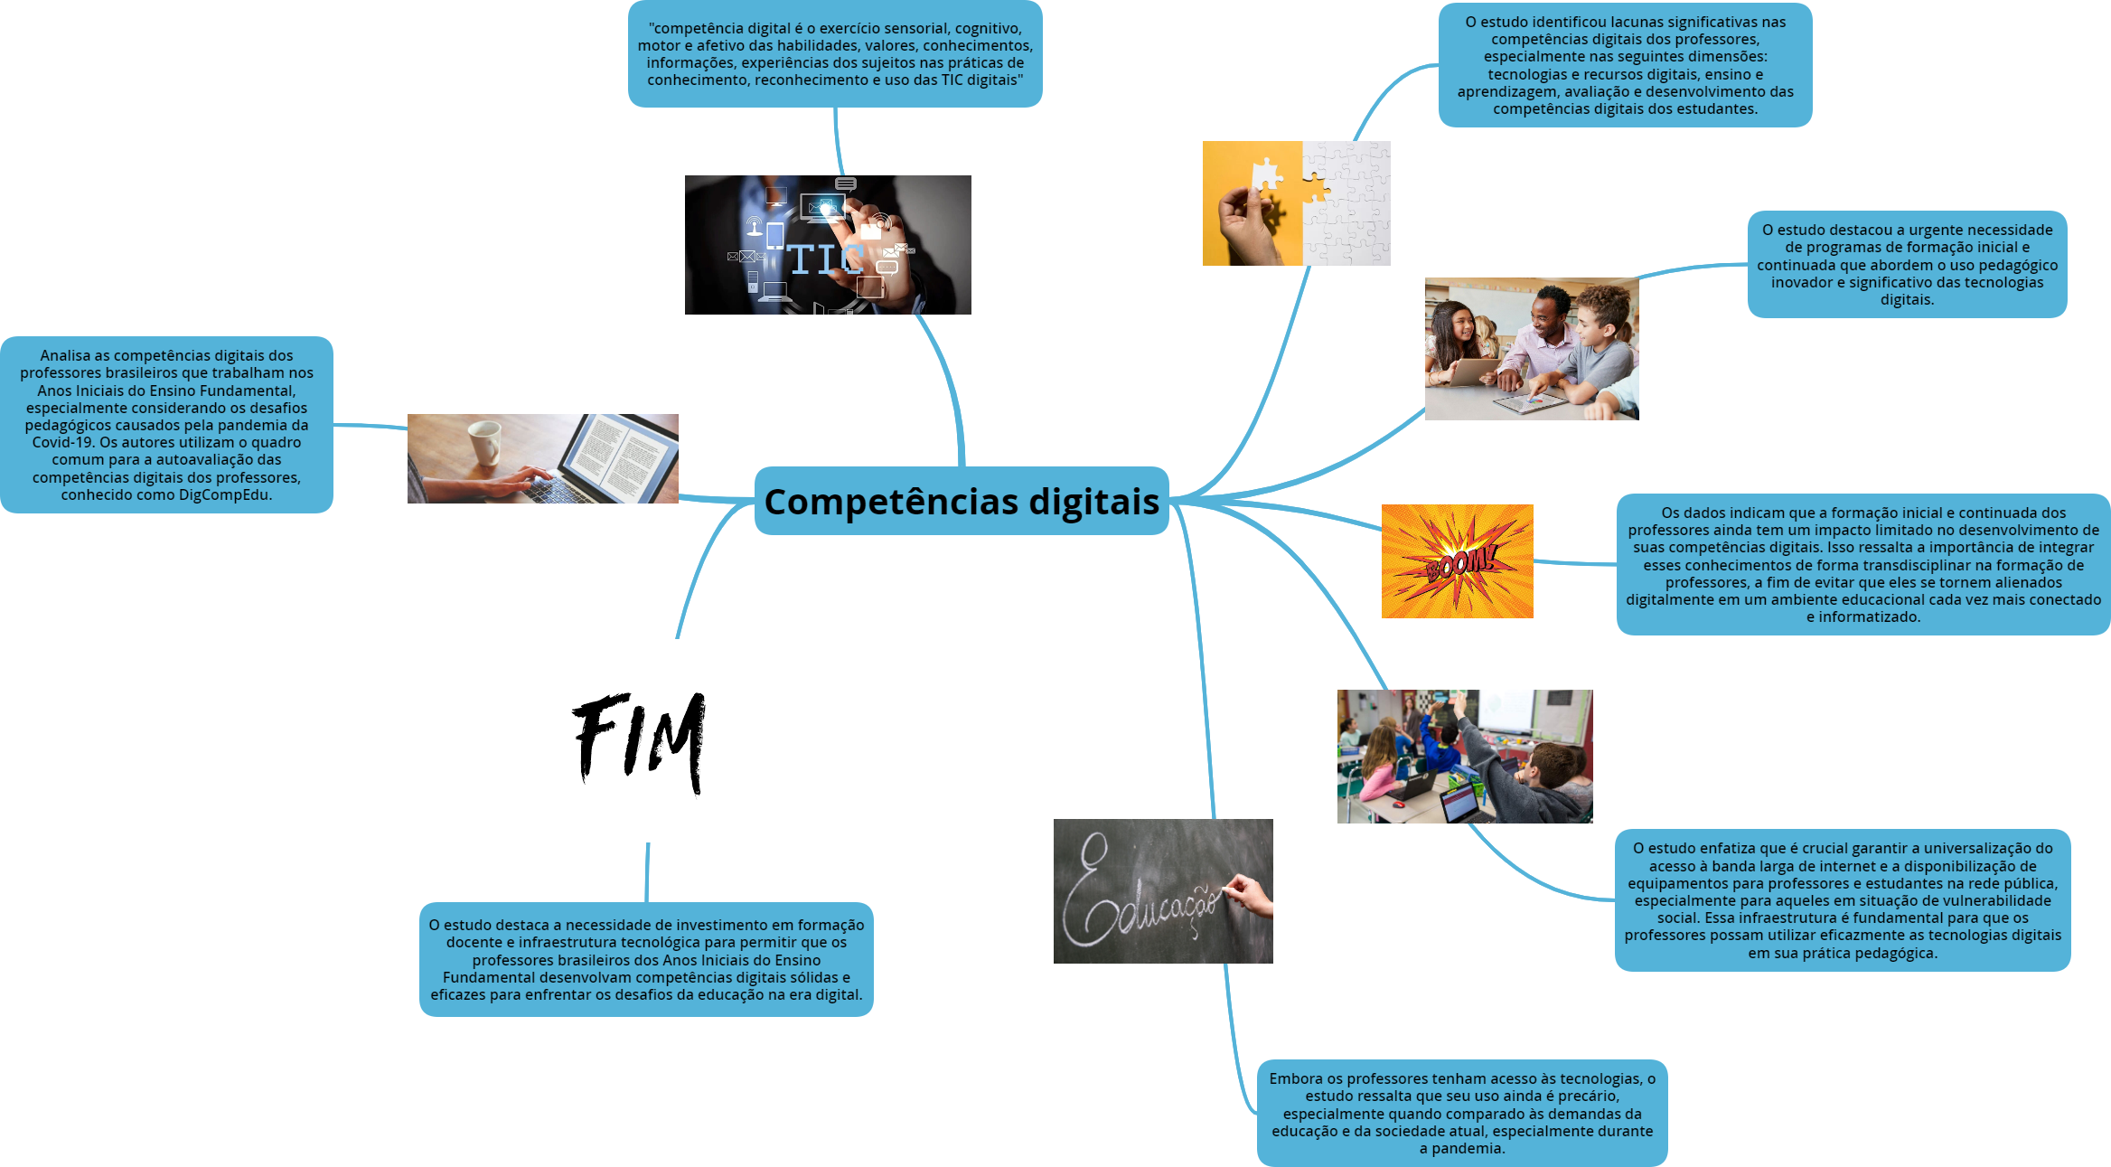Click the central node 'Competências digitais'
pos(962,502)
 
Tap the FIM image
pos(638,740)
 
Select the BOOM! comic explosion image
pos(1457,561)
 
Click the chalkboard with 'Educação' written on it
pos(1162,890)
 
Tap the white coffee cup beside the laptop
pos(485,441)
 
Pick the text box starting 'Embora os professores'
pos(1461,1113)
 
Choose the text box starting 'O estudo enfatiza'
pos(1842,900)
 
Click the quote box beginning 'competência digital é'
pos(835,54)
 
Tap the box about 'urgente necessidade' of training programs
pos(1907,264)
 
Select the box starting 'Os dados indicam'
pos(1862,565)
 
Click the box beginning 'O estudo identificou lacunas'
pos(1625,65)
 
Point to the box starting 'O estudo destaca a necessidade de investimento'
pos(646,960)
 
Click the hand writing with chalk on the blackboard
pos(1251,895)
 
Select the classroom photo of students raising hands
pos(1464,757)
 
